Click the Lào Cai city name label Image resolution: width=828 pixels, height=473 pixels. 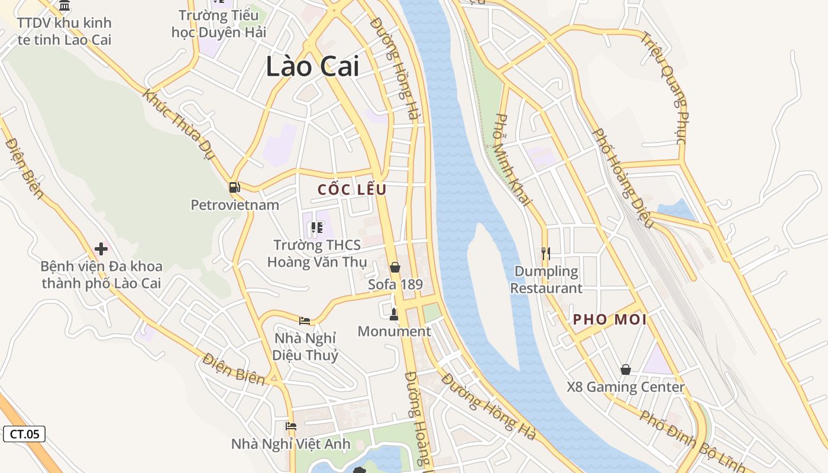coord(312,66)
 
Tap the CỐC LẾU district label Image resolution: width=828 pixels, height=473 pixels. coord(352,190)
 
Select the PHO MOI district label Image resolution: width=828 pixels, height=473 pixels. coord(610,320)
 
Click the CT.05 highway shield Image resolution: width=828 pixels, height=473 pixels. coord(24,434)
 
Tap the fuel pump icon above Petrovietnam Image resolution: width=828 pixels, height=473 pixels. coord(235,187)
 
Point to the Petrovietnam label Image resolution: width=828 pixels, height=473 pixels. coord(235,205)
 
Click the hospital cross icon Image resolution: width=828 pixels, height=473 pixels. coord(101,249)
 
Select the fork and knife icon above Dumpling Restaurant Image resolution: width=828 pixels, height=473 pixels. coord(546,254)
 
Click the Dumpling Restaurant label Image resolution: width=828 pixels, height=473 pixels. coord(546,280)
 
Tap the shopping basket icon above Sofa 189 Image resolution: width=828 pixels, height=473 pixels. coord(395,267)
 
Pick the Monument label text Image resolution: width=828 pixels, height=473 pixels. coord(394,332)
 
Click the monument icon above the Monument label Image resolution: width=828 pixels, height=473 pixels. coord(394,314)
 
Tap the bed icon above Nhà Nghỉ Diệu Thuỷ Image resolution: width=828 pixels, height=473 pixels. coord(305,320)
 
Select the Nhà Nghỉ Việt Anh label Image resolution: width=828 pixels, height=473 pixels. coord(290,444)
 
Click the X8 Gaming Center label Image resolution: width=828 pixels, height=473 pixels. coord(625,388)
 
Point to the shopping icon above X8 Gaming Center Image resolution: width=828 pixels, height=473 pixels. coord(626,370)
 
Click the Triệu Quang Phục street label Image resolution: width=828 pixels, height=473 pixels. coord(664,88)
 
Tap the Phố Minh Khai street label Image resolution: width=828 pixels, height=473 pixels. coord(513,160)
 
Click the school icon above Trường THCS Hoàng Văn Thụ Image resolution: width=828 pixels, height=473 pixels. coord(317,227)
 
